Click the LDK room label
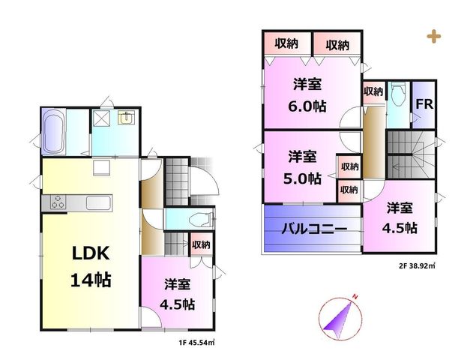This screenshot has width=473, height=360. click(91, 253)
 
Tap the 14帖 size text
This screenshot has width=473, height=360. click(91, 280)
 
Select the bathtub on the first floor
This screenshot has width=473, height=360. click(54, 132)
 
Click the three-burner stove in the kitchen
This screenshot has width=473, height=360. click(58, 202)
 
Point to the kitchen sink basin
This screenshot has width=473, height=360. click(99, 202)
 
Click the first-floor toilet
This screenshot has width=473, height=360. click(201, 220)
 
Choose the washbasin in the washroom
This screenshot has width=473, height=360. click(127, 118)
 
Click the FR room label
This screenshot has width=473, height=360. click(424, 104)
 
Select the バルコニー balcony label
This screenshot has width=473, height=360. click(314, 229)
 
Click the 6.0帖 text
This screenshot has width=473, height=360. click(307, 106)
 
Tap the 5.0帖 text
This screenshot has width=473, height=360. click(302, 178)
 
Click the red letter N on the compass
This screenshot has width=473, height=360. click(355, 297)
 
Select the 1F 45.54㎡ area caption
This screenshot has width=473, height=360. click(196, 343)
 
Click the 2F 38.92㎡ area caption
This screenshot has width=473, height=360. click(418, 266)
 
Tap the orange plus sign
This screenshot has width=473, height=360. click(434, 37)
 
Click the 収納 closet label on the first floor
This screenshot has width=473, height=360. click(201, 244)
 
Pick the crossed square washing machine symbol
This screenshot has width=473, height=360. click(101, 118)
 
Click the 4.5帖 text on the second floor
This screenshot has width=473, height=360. click(400, 228)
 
